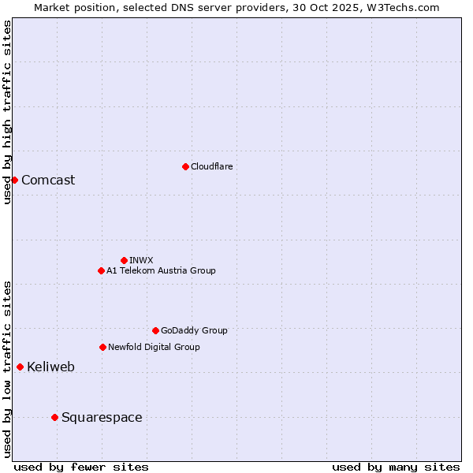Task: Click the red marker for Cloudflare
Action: pos(185,166)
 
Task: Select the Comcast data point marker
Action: pos(14,180)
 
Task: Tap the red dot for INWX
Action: pos(124,260)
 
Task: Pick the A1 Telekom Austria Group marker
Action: pos(101,270)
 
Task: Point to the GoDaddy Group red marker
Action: pos(155,330)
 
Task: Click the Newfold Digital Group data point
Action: pos(102,347)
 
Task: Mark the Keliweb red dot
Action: pos(20,367)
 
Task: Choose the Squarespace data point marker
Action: pos(54,417)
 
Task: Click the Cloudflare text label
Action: pos(212,166)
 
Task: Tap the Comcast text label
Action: pos(48,180)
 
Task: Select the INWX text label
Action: pos(141,260)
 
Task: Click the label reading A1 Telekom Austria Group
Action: pos(161,270)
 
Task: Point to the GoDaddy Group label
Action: pos(194,330)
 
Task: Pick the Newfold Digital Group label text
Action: pos(154,347)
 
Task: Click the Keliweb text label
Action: pos(50,367)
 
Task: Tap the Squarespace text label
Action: pos(102,417)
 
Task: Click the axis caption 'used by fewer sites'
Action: pos(81,467)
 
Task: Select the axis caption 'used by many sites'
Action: pos(396,467)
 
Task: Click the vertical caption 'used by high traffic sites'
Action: pos(7,113)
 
